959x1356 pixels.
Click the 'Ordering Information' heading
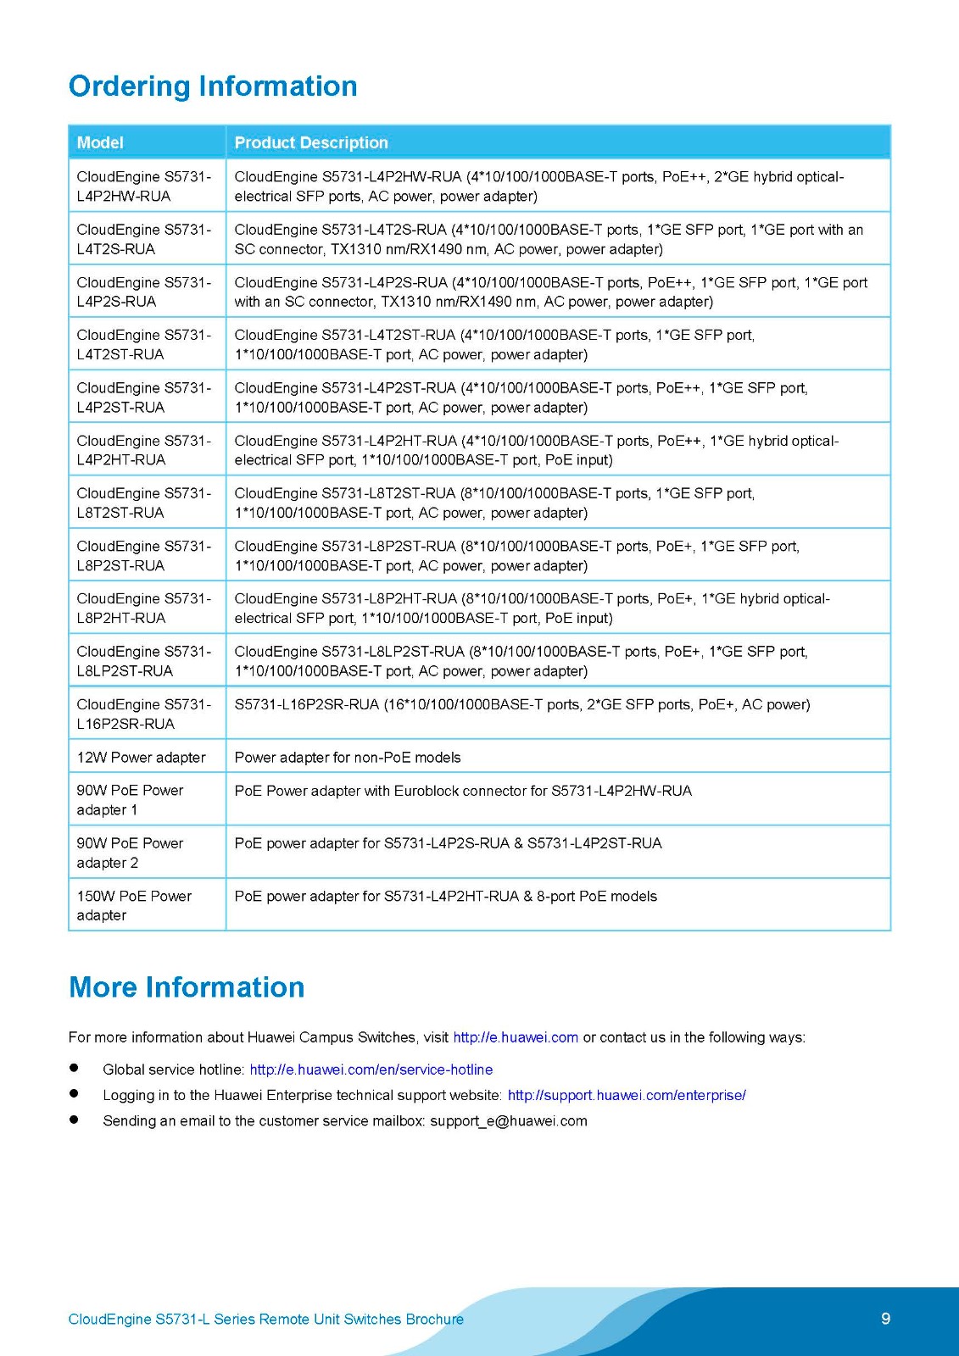213,86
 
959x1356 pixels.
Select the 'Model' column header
100,142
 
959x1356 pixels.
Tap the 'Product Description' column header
311,142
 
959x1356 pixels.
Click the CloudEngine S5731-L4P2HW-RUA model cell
144,186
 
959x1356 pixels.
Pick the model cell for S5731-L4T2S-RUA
144,239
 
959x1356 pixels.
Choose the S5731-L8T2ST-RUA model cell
144,503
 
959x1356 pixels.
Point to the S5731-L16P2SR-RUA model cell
144,714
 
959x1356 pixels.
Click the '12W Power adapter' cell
141,757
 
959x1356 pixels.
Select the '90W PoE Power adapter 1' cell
130,800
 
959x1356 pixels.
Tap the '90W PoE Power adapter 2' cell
130,853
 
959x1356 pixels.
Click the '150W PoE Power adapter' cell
134,905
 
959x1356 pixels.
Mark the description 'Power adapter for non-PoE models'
348,757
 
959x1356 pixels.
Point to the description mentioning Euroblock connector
463,791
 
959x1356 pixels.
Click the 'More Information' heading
187,987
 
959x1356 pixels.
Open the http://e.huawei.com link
516,1037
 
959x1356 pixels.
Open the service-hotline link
371,1070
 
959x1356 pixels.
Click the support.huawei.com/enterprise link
627,1095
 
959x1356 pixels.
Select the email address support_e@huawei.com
508,1120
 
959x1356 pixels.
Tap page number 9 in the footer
886,1318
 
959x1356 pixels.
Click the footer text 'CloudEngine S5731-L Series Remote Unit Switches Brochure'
265,1320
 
